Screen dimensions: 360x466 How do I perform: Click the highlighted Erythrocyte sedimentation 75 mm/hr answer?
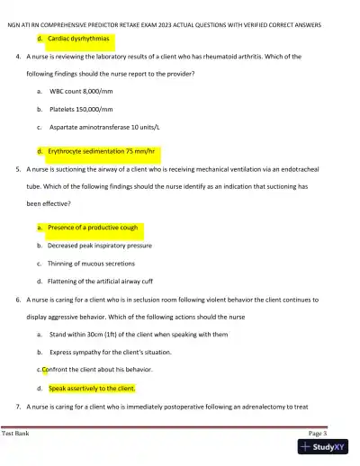coord(103,151)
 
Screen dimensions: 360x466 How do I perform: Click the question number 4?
coord(18,57)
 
